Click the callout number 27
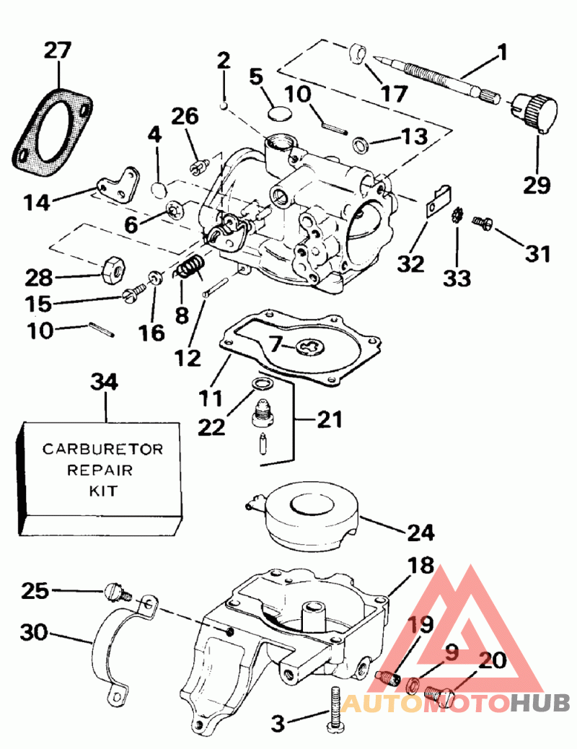click(58, 51)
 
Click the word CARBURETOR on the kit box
click(102, 449)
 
